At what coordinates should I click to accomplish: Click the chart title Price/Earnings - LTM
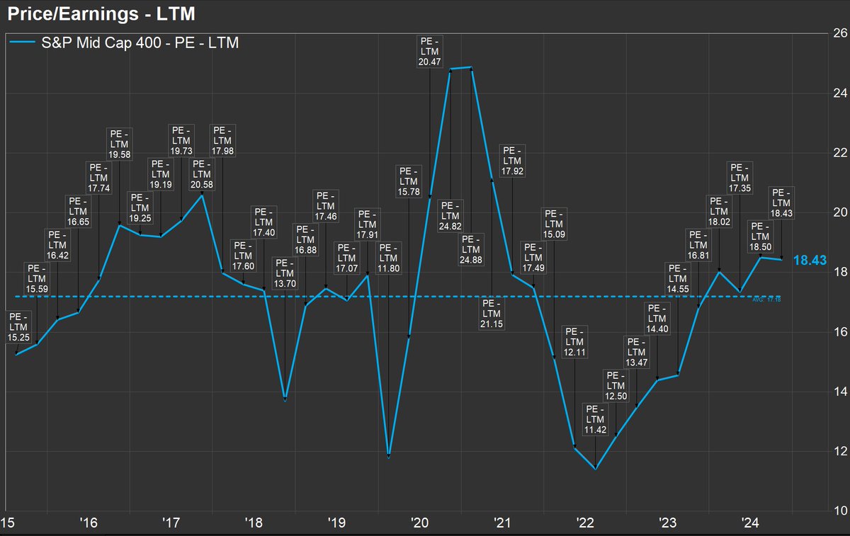(100, 13)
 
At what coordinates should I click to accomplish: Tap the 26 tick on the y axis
(836, 33)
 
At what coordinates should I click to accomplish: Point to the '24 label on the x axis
(750, 523)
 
